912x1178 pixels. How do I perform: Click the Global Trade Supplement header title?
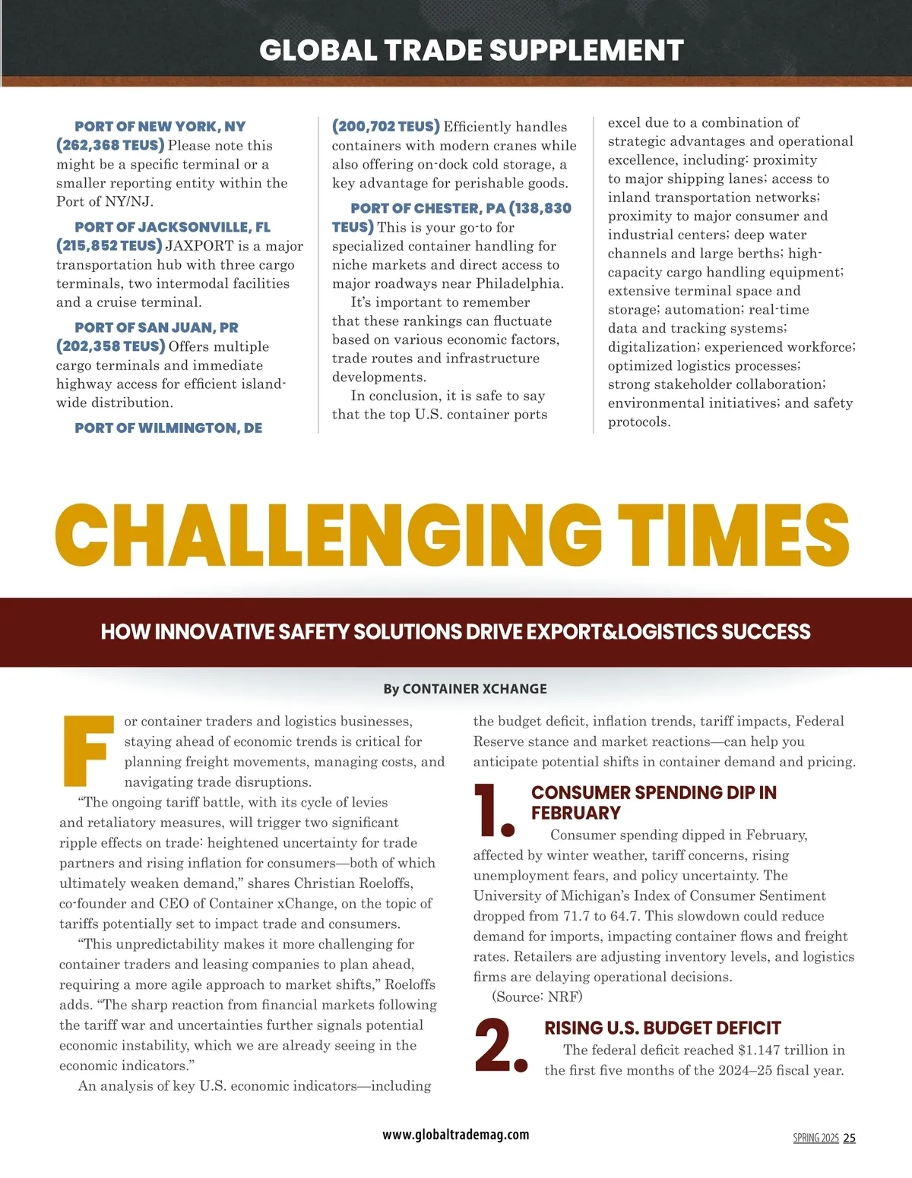471,50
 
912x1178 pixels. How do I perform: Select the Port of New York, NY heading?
160,127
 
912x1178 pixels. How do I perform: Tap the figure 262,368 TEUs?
110,145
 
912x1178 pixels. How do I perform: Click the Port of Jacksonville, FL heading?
173,227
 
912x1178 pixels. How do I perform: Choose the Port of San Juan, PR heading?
157,327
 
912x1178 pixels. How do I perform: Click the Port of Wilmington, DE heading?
168,428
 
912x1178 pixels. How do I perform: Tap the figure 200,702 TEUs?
386,127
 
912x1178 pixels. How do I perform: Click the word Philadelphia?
519,284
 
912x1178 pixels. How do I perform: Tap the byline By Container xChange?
465,689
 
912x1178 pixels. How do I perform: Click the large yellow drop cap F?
85,750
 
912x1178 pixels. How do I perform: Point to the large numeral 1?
493,810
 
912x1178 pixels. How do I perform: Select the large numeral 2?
499,1044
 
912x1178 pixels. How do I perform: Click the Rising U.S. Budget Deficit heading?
663,1028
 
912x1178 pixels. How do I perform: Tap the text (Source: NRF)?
537,996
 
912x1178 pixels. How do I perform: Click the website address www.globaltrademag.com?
456,1135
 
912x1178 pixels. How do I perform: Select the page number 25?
850,1138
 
